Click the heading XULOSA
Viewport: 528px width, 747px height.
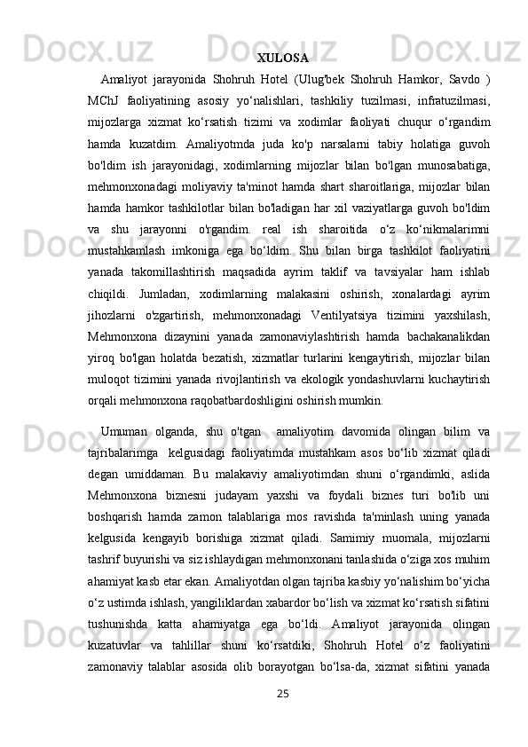(x=282, y=59)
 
